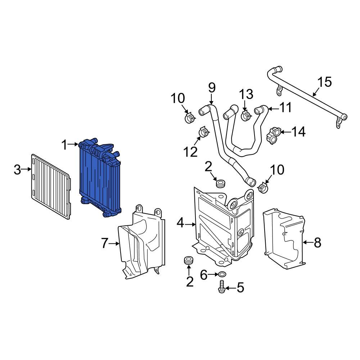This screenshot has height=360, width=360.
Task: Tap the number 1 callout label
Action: point(64,145)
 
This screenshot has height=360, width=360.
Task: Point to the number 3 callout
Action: point(17,169)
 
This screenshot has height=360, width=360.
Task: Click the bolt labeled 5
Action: point(222,288)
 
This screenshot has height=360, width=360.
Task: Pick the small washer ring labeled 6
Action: point(222,275)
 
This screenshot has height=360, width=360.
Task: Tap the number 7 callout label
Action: point(104,244)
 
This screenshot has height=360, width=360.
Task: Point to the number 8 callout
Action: point(317,243)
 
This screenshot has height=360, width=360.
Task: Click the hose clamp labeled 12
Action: point(204,134)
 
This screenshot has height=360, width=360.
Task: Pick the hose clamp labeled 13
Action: point(246,116)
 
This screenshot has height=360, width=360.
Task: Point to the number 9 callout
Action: point(211,87)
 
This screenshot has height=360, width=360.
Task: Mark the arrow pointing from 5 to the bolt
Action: point(230,288)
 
